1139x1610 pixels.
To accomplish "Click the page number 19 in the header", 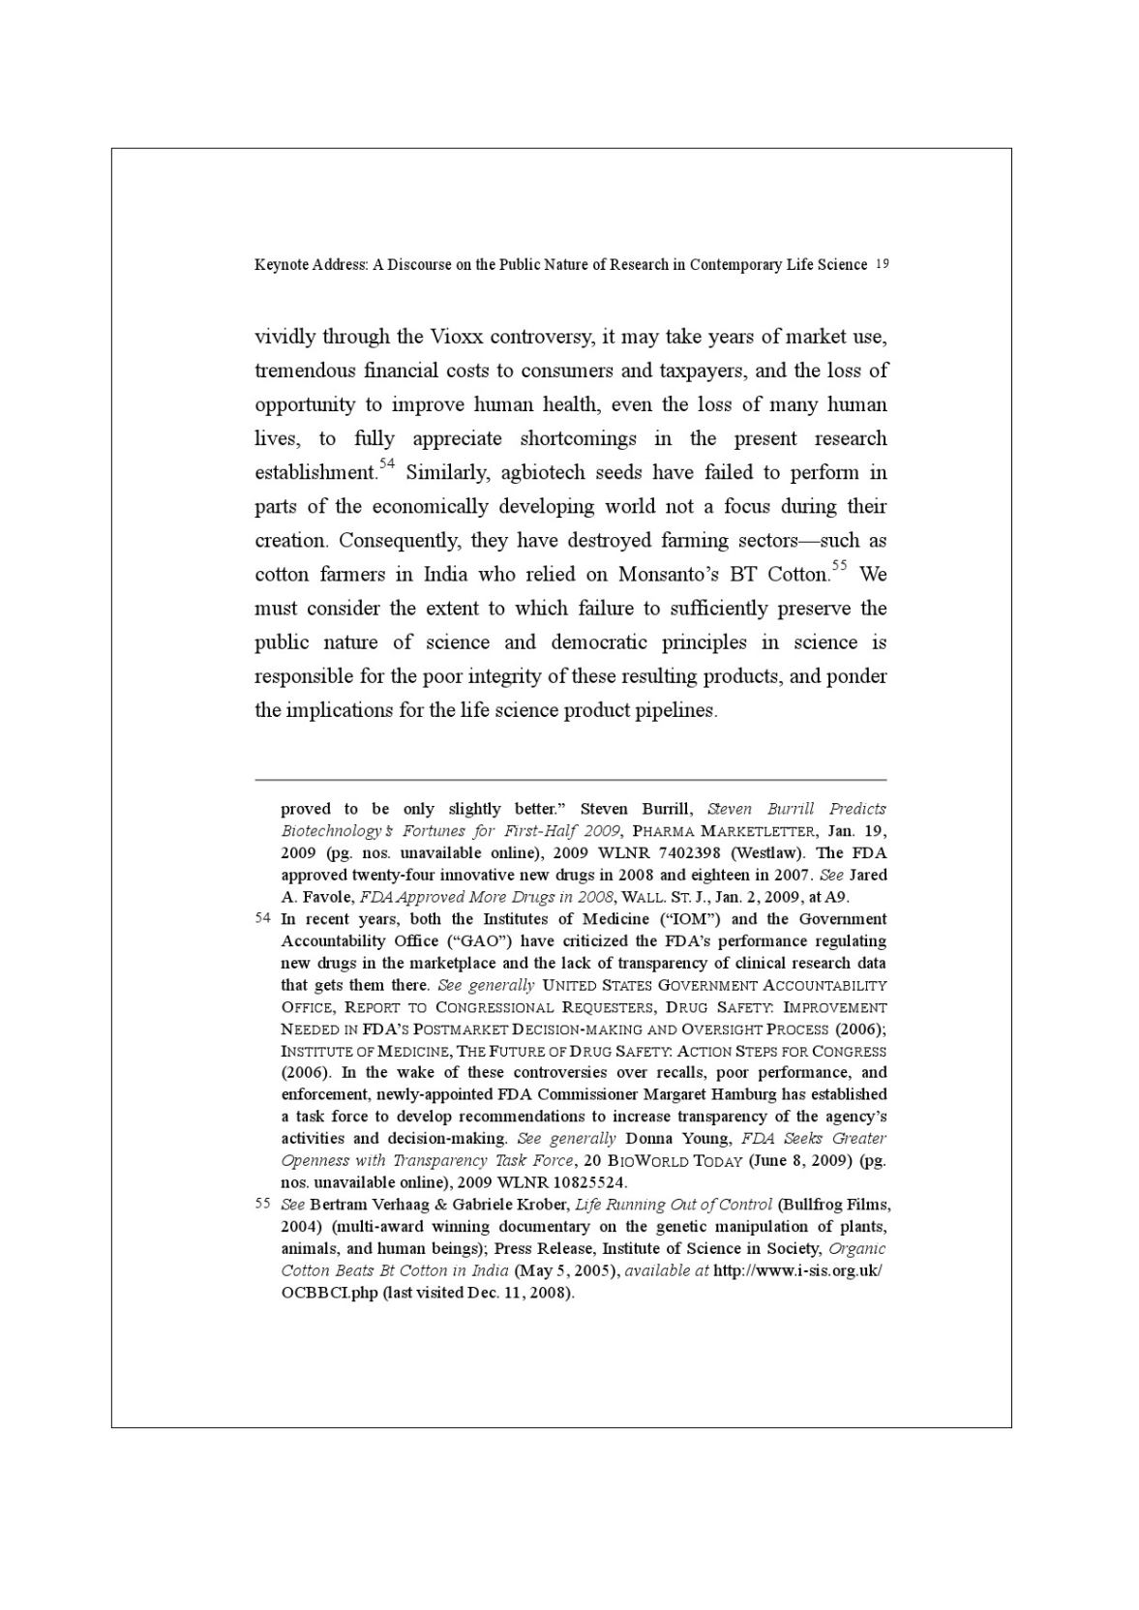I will [881, 264].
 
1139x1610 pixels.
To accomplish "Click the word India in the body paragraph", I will [445, 575].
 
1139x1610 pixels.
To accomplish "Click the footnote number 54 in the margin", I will [262, 918].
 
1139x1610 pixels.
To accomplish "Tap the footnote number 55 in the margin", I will [262, 1204].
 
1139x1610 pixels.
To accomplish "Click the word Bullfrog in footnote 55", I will [814, 1205].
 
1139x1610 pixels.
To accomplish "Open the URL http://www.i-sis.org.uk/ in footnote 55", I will [797, 1270].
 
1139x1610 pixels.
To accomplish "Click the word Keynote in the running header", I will [280, 264].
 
